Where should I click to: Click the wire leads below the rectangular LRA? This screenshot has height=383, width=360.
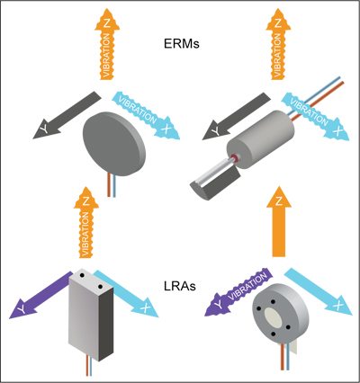[x=79, y=369]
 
